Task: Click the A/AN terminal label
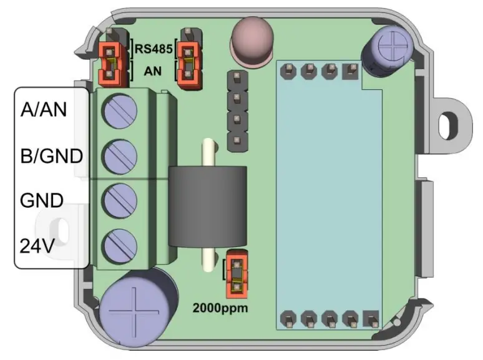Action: tap(44, 110)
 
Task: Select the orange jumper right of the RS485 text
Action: tap(187, 62)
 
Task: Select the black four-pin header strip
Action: tap(236, 110)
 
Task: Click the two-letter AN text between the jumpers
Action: tap(153, 71)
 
